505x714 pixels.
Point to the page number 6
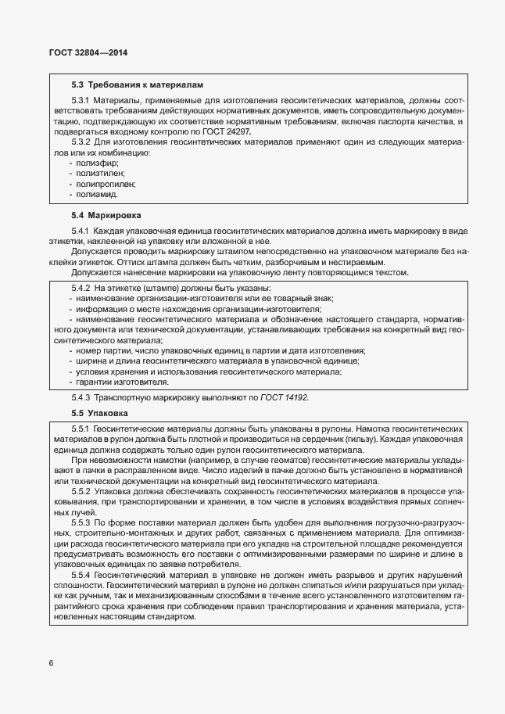(x=52, y=663)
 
